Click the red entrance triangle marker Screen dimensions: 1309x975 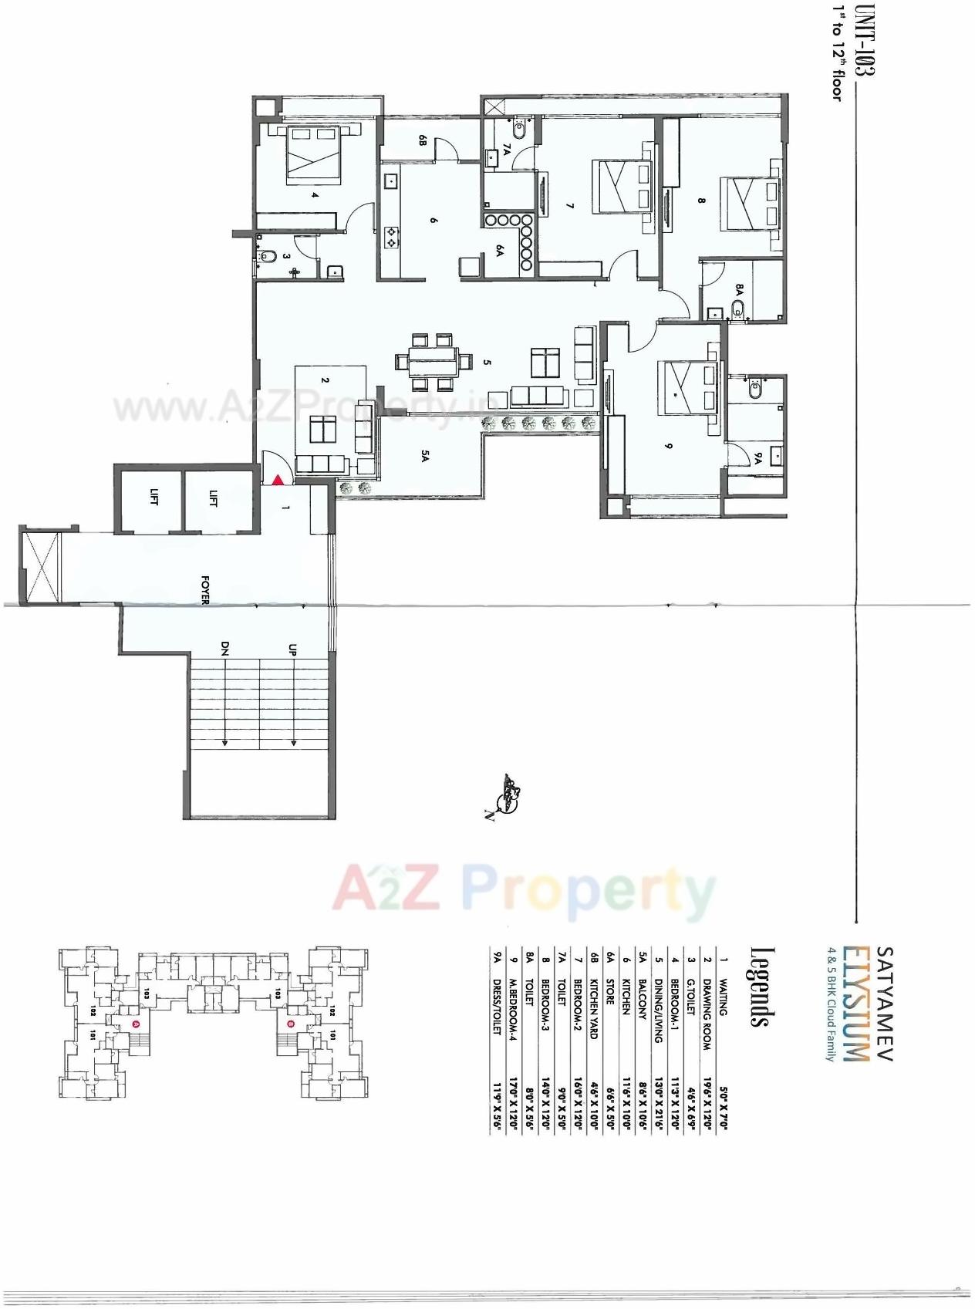(277, 480)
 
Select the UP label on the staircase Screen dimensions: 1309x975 (292, 650)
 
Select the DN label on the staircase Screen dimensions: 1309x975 (225, 650)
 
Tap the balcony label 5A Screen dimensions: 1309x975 (424, 457)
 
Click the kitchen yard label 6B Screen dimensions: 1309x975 (423, 140)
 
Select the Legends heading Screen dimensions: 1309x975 (761, 987)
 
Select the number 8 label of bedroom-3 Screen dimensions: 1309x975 (701, 201)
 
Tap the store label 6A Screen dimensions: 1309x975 (499, 251)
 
